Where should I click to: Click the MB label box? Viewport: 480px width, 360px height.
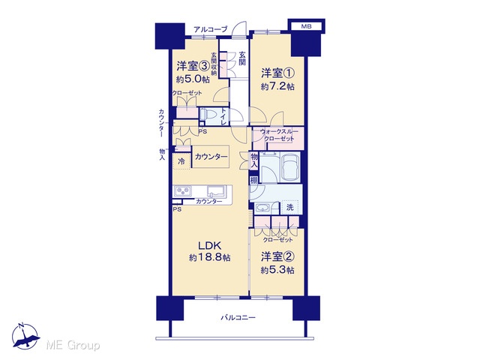[x=306, y=26]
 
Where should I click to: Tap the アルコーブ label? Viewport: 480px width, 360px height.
[x=211, y=29]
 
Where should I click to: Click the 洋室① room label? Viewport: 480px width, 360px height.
[x=277, y=73]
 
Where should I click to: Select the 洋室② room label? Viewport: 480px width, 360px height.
[x=277, y=256]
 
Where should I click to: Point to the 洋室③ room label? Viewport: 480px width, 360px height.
[x=193, y=65]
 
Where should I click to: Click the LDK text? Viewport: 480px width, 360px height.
[x=210, y=245]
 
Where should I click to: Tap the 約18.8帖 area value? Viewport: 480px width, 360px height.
[x=210, y=257]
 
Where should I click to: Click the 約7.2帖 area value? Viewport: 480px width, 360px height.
[x=277, y=86]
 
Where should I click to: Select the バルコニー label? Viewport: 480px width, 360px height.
[x=238, y=317]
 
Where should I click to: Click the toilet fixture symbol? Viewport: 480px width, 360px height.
[x=208, y=115]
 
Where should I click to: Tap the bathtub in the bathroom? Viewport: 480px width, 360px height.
[x=289, y=167]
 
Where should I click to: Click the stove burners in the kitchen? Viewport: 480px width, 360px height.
[x=183, y=191]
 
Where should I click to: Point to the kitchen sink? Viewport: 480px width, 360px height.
[x=217, y=190]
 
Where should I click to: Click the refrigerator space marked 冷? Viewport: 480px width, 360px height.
[x=181, y=161]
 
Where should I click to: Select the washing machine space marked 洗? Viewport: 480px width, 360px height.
[x=289, y=207]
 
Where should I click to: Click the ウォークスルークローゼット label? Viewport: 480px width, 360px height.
[x=279, y=135]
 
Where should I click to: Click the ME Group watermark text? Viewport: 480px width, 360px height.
[x=73, y=345]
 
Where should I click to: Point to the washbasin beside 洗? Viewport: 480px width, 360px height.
[x=262, y=208]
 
